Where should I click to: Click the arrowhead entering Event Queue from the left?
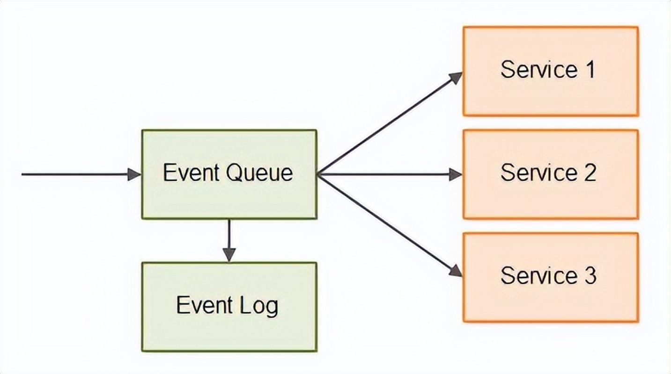pyautogui.click(x=134, y=174)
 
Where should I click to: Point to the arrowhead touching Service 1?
pyautogui.click(x=456, y=78)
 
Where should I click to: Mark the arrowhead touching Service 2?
pyautogui.click(x=456, y=174)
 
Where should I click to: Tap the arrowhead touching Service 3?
pyautogui.click(x=455, y=271)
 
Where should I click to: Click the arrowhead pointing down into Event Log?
pyautogui.click(x=229, y=255)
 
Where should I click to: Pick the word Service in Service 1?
pyautogui.click(x=538, y=70)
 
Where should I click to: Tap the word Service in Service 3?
pyautogui.click(x=538, y=275)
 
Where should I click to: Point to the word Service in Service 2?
pyautogui.click(x=538, y=173)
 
